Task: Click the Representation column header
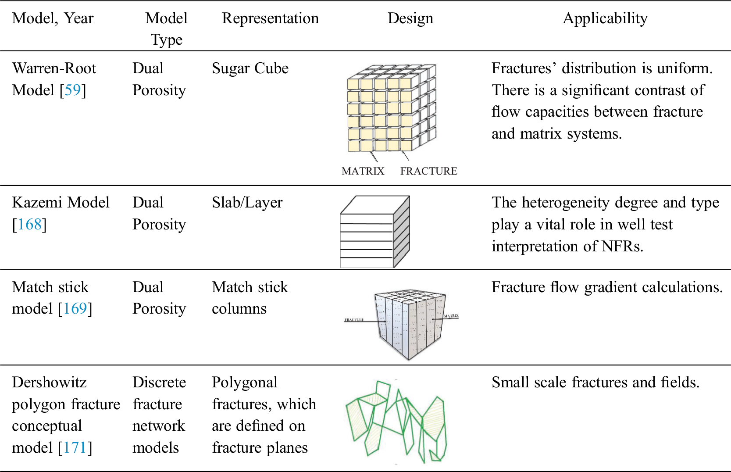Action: click(270, 18)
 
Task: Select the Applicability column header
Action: click(605, 18)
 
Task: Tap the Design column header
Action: click(410, 18)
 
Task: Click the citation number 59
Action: click(73, 90)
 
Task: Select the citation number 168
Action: click(29, 225)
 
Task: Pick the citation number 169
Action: click(75, 309)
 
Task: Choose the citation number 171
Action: click(75, 448)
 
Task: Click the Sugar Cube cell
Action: click(250, 68)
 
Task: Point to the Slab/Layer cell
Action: click(247, 203)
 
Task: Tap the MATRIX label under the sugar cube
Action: click(363, 171)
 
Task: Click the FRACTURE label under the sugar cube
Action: click(428, 171)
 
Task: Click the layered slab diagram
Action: click(375, 232)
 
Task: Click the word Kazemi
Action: click(38, 203)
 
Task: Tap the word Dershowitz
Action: click(49, 383)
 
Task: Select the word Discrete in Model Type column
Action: click(159, 383)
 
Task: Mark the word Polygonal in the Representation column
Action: click(245, 383)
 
